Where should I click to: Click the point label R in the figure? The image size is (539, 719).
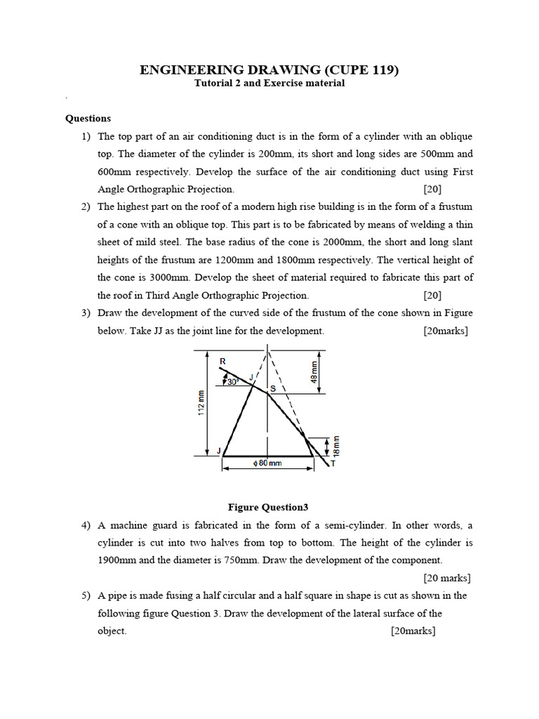222,362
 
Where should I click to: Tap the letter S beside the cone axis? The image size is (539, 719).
274,388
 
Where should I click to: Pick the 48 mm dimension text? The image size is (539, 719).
314,370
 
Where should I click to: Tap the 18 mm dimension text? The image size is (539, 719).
335,444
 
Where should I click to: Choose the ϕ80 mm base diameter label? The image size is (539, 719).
267,463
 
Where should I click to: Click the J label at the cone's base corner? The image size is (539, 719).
218,451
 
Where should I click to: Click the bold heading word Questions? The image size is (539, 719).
88,119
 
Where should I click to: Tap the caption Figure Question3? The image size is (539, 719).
268,507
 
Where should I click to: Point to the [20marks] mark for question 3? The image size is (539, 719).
446,331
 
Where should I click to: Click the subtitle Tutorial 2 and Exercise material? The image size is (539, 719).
269,84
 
